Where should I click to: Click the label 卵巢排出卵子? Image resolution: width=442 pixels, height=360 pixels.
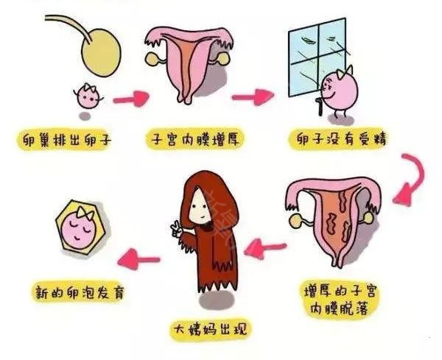(x=67, y=140)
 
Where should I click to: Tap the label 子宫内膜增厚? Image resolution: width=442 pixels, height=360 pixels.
(x=194, y=139)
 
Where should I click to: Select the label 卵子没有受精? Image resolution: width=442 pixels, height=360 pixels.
(x=342, y=139)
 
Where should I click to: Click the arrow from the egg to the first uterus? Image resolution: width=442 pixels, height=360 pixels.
(x=131, y=99)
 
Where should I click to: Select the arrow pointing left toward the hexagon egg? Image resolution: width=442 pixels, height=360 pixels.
(x=138, y=259)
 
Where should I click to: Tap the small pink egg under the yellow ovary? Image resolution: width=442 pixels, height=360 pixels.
(x=88, y=96)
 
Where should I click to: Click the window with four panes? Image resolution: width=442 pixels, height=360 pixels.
(x=317, y=57)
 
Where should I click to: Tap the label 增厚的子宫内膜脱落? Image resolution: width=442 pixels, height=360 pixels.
(x=340, y=300)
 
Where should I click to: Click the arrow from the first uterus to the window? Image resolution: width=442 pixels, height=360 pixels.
(x=253, y=97)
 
